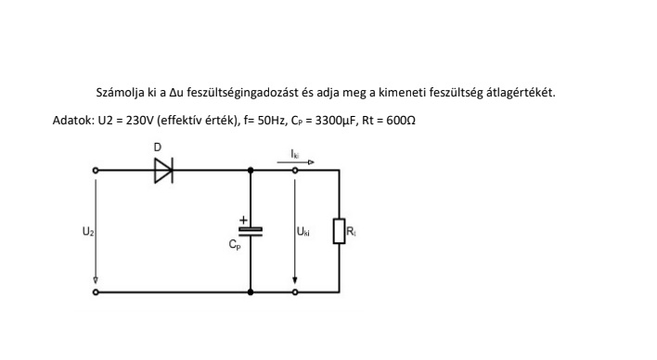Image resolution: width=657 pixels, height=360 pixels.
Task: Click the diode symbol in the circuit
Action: pos(164,171)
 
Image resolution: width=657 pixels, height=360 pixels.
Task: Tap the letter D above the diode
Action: pos(158,148)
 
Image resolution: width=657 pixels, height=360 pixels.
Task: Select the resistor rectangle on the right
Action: pos(339,231)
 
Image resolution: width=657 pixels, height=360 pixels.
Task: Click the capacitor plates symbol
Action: pos(251,232)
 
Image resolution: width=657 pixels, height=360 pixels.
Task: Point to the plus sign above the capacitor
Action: pos(243,220)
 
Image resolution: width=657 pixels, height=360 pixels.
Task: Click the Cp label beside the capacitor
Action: pos(235,244)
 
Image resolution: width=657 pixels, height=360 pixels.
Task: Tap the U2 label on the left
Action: pos(88,231)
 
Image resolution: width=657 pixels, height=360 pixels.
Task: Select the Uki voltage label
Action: pos(303,231)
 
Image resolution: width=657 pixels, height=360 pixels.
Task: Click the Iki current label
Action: pos(295,154)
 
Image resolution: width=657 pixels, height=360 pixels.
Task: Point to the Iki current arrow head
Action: pos(311,162)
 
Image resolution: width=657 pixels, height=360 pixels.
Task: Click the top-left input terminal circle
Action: pos(96,171)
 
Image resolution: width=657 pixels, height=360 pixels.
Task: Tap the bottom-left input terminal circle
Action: pos(96,292)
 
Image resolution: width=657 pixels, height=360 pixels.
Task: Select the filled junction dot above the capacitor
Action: pos(251,170)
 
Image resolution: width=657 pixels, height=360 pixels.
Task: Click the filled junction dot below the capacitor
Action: pos(251,292)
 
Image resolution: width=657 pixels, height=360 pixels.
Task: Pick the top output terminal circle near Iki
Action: pos(295,170)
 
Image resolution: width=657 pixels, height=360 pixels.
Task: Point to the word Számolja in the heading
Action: pos(121,92)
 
